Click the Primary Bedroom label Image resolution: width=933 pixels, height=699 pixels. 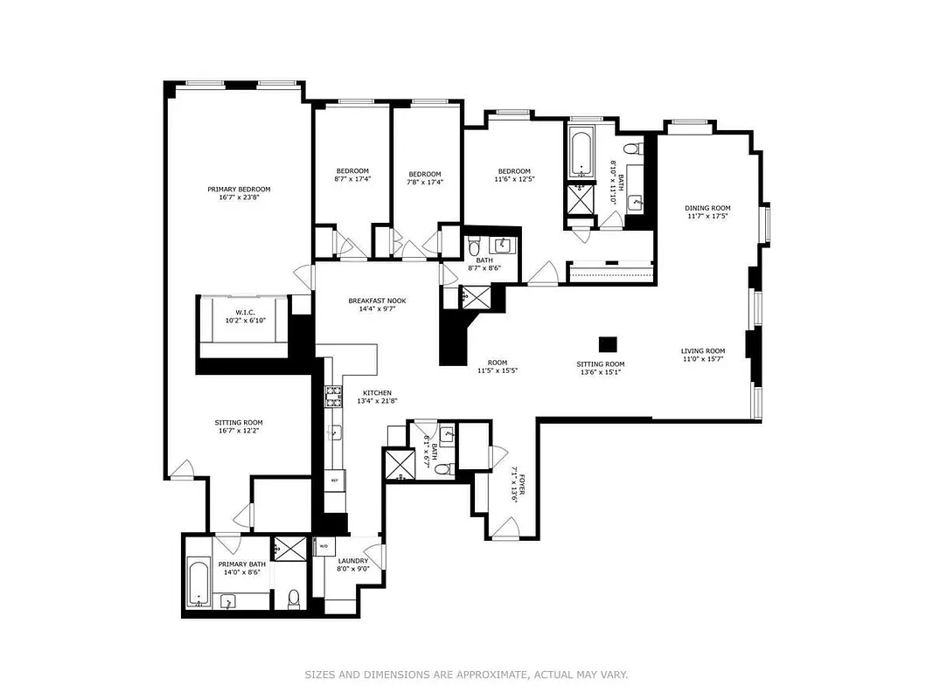[239, 190]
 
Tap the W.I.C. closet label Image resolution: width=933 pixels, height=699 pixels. [245, 312]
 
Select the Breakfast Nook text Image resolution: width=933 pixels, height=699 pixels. [377, 301]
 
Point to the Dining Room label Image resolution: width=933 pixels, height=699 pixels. [707, 208]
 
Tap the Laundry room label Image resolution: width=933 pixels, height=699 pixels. [353, 561]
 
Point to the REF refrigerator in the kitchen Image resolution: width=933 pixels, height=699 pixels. [334, 481]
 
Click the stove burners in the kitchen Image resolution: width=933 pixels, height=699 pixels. [332, 398]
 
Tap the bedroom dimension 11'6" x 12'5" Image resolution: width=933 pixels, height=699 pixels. [514, 180]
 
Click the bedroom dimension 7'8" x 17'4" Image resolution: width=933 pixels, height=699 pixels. [425, 183]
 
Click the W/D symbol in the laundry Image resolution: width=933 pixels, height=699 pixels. [323, 546]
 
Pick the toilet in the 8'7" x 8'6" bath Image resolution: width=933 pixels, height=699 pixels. [474, 246]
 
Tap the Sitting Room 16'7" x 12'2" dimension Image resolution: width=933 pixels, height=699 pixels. [239, 431]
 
